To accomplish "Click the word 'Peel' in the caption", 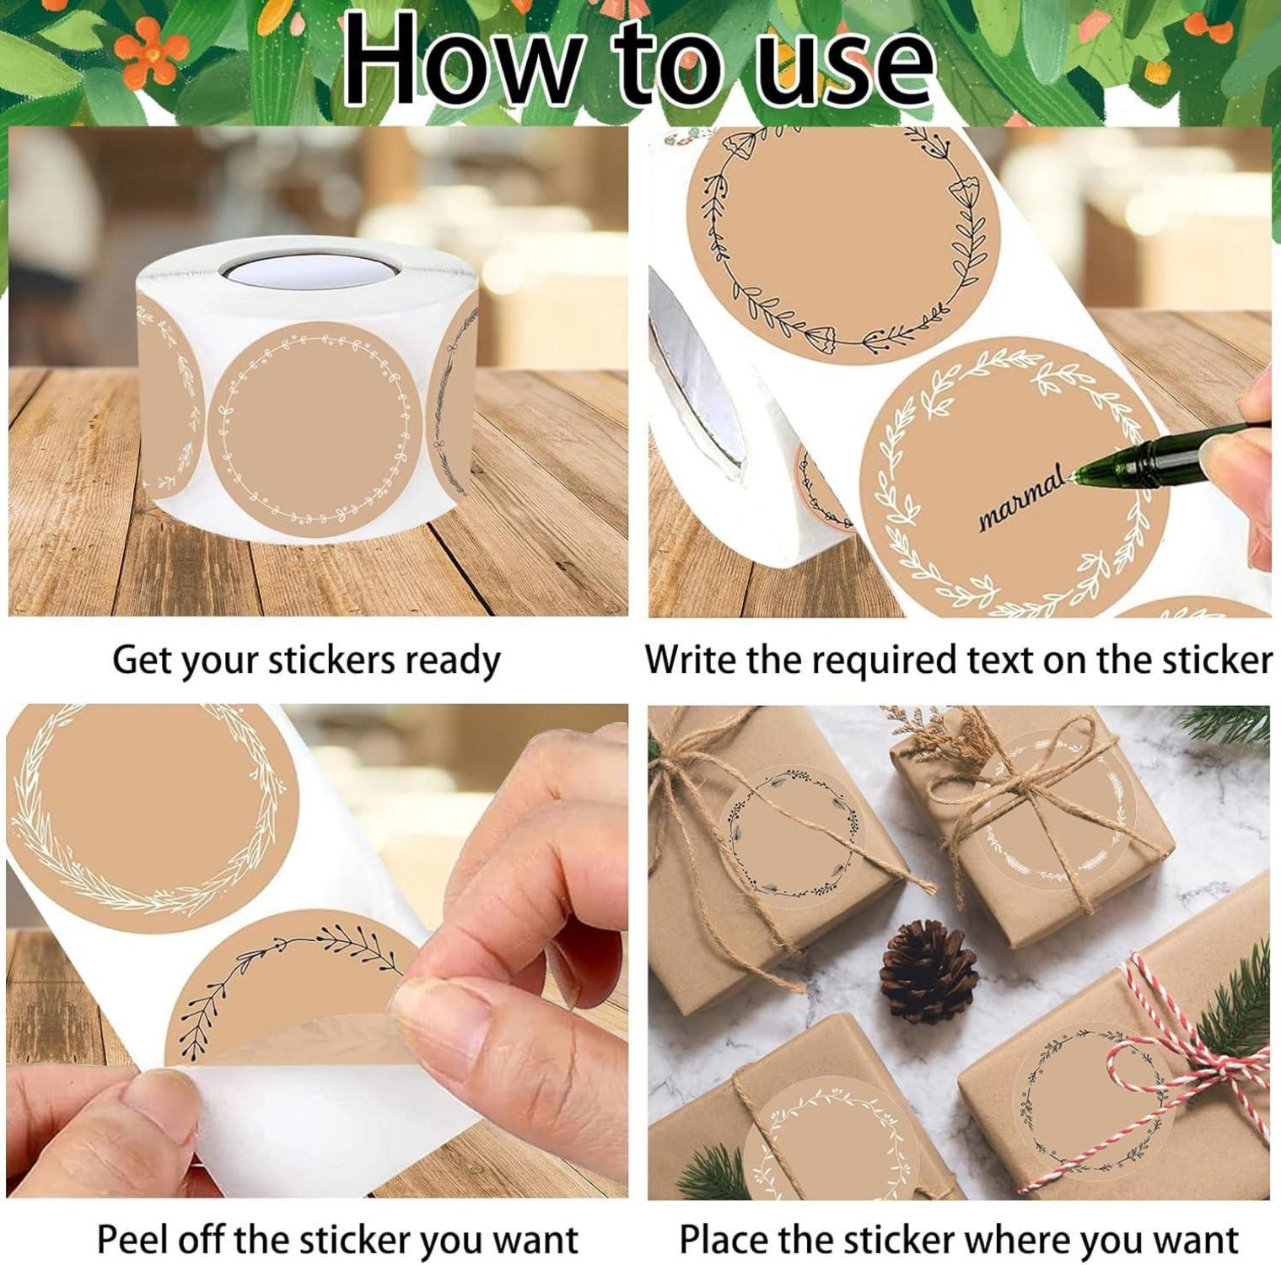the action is click(131, 1239).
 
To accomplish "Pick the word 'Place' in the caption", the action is click(723, 1240).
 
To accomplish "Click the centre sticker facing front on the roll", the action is click(314, 431).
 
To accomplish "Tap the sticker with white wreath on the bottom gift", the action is click(831, 1138).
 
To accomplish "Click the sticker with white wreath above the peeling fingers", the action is click(152, 814).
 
